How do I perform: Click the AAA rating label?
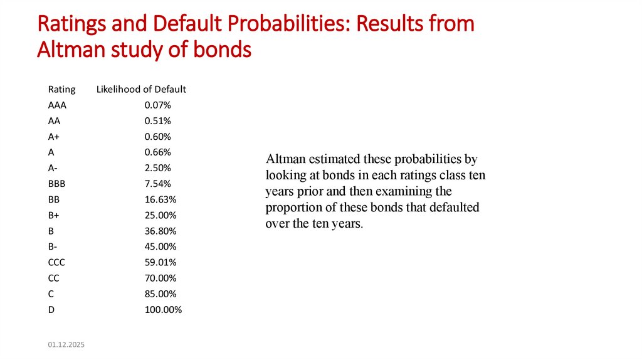57,105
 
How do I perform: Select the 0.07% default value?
157,105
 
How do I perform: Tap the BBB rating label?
56,184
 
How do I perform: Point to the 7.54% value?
157,184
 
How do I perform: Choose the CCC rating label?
56,262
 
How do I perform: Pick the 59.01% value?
160,262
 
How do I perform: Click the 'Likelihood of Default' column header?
141,89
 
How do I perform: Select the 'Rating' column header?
61,89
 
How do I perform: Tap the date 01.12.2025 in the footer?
65,345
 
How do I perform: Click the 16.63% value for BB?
160,199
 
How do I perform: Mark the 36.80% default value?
160,231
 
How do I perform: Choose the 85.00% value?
160,294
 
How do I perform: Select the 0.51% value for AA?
157,120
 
